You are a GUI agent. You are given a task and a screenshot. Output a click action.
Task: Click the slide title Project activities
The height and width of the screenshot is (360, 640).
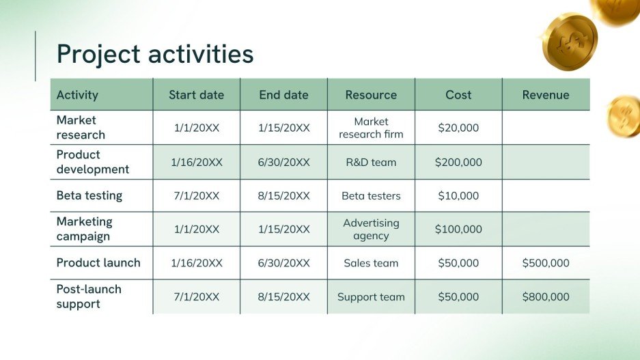[155, 54]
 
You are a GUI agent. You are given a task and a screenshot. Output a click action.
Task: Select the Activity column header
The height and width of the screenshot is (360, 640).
[77, 95]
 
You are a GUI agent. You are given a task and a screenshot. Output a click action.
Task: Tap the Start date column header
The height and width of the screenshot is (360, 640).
[196, 95]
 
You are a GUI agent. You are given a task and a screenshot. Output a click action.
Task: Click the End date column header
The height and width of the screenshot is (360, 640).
[283, 95]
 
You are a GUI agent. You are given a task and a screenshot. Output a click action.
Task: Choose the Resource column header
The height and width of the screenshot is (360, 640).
[371, 95]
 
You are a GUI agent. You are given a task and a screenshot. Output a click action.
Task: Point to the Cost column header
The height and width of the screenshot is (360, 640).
[458, 95]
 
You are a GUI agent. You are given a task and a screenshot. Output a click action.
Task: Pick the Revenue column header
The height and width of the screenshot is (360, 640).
[546, 95]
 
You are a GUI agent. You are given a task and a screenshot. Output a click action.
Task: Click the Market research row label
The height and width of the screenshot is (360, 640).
[81, 127]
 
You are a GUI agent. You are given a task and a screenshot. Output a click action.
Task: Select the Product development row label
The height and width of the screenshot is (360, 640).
[92, 162]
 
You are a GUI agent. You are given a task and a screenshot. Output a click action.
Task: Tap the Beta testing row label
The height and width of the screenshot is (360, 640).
[89, 195]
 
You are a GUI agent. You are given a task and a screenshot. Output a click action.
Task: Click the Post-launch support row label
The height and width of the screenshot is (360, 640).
[89, 296]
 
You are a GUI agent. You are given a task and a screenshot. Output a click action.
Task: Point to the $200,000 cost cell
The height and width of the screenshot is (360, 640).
[458, 163]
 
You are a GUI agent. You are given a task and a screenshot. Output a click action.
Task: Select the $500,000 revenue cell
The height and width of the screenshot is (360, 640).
[546, 263]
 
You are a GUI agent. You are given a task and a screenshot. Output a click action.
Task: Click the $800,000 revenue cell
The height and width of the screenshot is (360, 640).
[546, 297]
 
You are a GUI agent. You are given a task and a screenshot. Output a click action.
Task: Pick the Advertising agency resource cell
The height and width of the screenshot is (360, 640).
[371, 230]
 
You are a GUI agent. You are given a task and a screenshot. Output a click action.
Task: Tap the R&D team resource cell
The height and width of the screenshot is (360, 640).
[371, 163]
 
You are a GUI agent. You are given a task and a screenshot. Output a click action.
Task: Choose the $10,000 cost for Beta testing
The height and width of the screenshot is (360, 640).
[458, 196]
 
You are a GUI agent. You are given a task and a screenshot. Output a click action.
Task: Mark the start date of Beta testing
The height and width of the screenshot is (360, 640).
[197, 196]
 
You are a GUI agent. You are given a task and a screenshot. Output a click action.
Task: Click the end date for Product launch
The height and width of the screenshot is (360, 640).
[284, 263]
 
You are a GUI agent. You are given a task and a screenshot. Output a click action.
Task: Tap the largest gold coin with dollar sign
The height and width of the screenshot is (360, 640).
[569, 42]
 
